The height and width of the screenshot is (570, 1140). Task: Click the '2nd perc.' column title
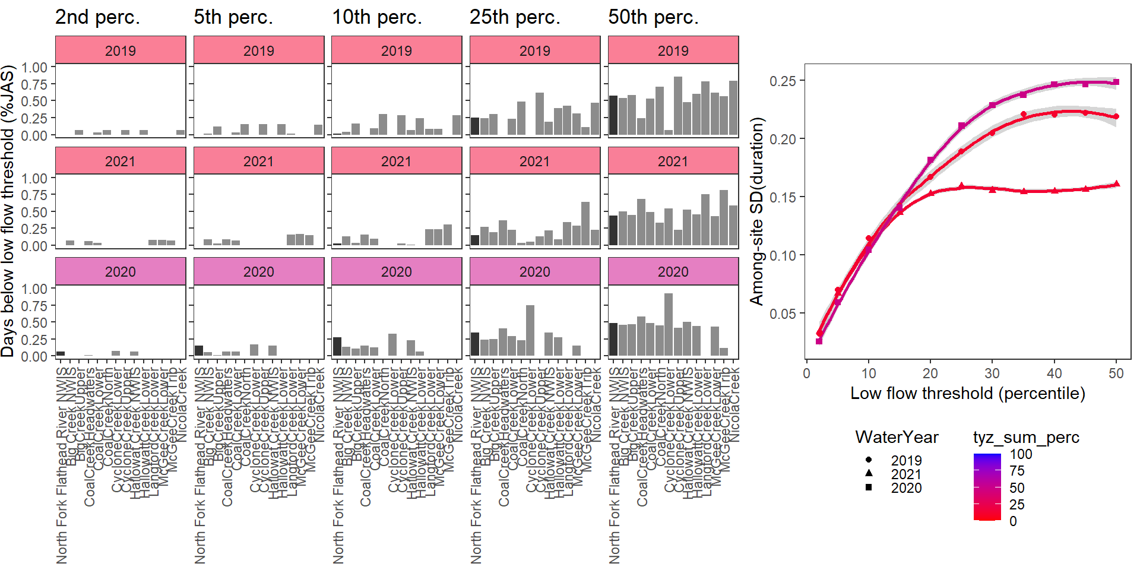[97, 17]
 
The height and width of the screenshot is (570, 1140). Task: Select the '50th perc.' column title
[653, 17]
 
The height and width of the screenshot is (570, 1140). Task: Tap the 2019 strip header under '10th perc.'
[396, 50]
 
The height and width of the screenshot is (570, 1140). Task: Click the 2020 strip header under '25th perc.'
[534, 272]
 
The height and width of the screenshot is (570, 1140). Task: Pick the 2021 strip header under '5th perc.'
[258, 161]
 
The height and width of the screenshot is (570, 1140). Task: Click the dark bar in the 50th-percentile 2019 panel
[613, 115]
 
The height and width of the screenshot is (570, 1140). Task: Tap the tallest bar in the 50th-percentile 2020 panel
[669, 324]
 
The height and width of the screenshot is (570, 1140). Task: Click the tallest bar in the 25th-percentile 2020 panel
[530, 330]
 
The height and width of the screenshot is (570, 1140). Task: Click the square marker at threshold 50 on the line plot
[1116, 83]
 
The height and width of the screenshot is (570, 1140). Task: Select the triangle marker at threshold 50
[1116, 184]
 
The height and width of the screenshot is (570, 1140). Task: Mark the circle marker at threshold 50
[1116, 116]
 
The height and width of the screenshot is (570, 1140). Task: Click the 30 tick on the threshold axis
[992, 373]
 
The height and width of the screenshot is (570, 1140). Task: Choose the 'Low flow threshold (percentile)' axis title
[967, 393]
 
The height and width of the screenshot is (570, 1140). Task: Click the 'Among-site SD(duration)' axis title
[756, 211]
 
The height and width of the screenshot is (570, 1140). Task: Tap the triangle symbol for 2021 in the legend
[869, 473]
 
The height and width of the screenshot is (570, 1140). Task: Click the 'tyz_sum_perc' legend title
[1026, 438]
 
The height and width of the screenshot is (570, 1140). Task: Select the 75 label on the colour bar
[1016, 471]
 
